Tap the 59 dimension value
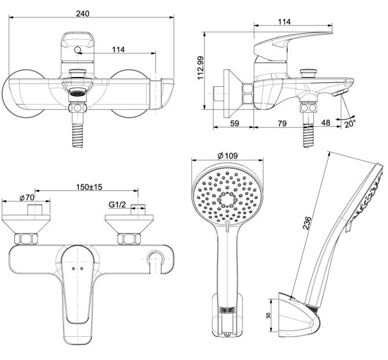coord(235,122)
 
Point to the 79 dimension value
coord(281,122)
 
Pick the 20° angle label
coord(350,123)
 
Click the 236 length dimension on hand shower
coord(308,223)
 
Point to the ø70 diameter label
coord(27,197)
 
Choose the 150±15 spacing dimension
coord(89,187)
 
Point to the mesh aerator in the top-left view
coord(76,92)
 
